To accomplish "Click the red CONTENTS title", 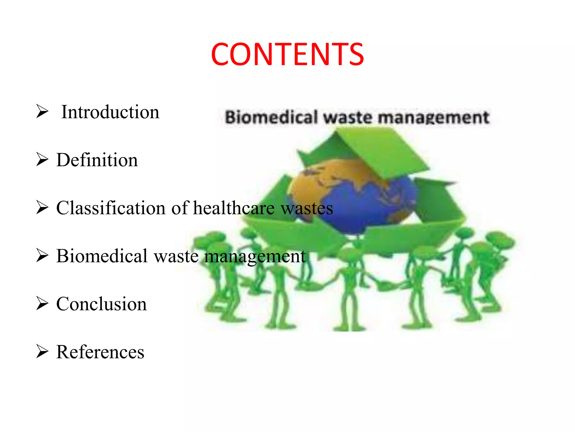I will click(x=287, y=54).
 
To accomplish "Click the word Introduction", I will click(x=110, y=112).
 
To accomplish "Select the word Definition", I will click(x=97, y=160).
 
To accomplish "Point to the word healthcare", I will click(x=234, y=208).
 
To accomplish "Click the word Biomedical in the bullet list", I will click(x=102, y=256).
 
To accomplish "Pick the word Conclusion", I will click(x=101, y=304).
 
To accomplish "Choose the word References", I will click(x=100, y=352).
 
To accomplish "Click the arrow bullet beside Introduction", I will click(x=42, y=111).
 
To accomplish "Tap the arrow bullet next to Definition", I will click(x=42, y=159).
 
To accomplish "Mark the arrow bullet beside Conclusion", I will click(x=42, y=303).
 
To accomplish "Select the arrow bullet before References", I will click(x=42, y=352).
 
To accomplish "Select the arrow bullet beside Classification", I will click(x=42, y=208).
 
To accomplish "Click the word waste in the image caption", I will click(x=348, y=117).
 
